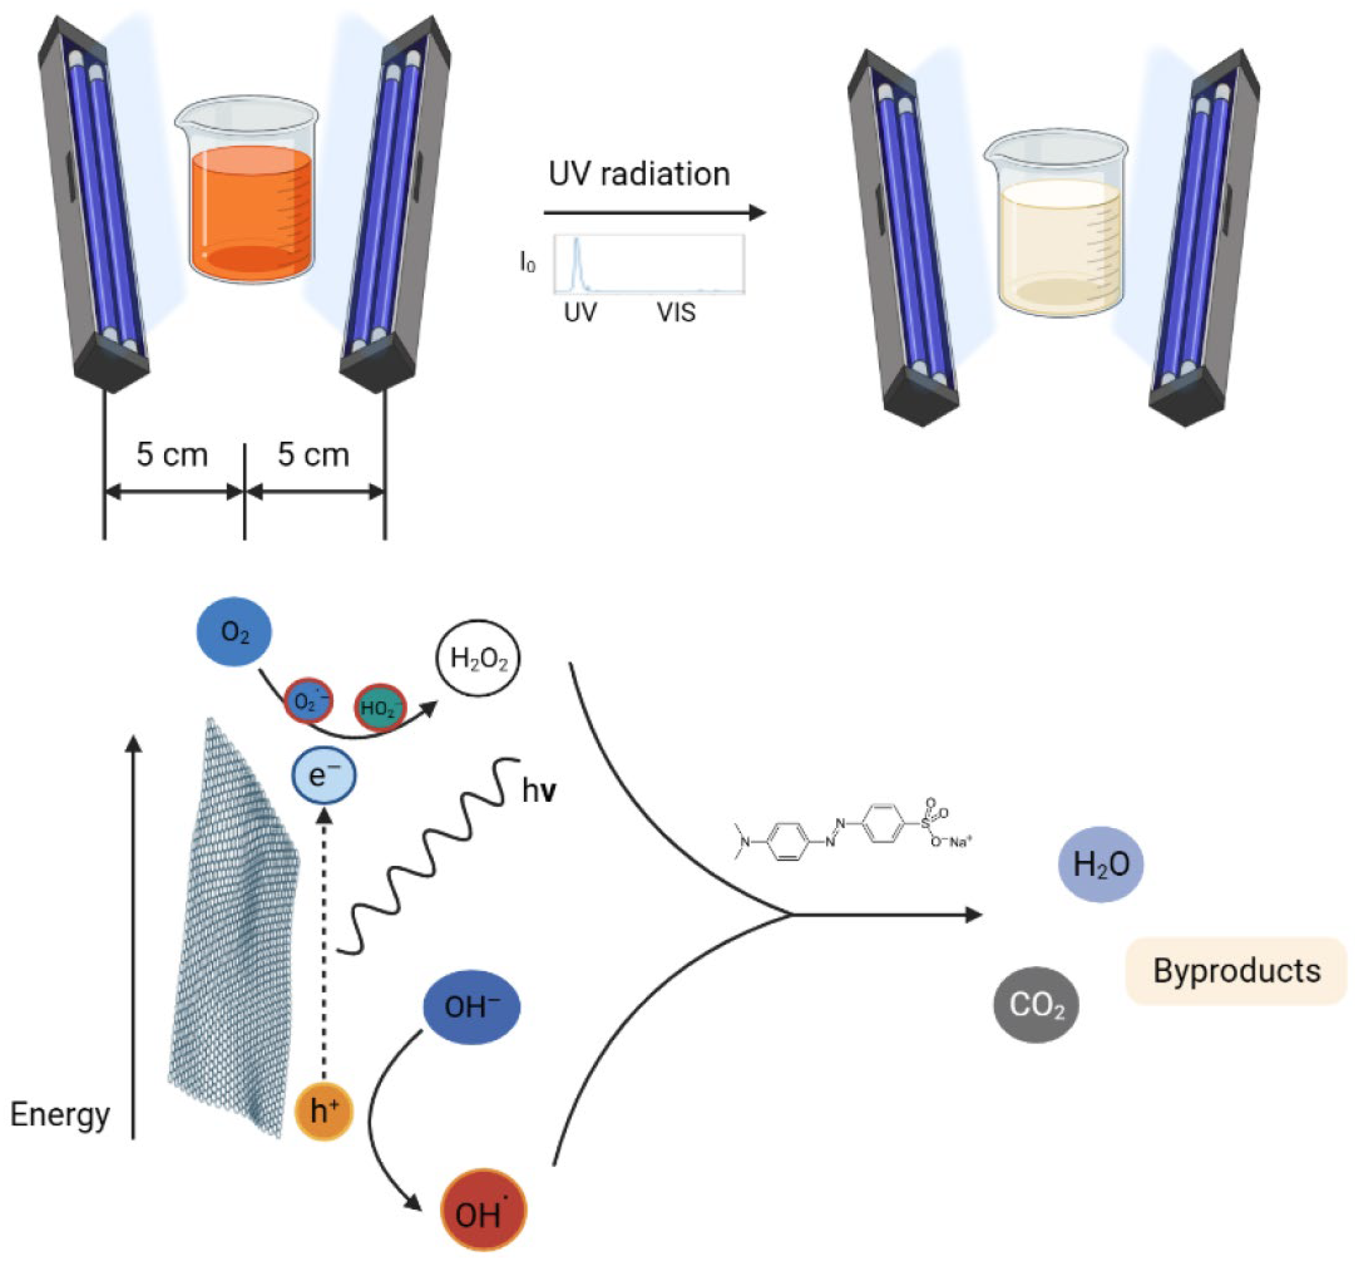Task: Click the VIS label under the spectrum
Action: pyautogui.click(x=676, y=313)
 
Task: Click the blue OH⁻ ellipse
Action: pyautogui.click(x=472, y=1007)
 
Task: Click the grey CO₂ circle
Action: pyautogui.click(x=1036, y=1004)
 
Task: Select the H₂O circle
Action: pyautogui.click(x=1100, y=864)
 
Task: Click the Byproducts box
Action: pyautogui.click(x=1236, y=970)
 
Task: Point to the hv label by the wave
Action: pyautogui.click(x=539, y=791)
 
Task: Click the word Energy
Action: pyautogui.click(x=60, y=1115)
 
